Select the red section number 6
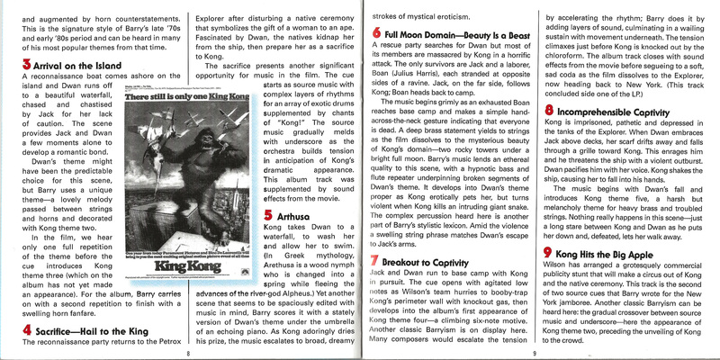click(x=374, y=33)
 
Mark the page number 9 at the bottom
click(x=533, y=353)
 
